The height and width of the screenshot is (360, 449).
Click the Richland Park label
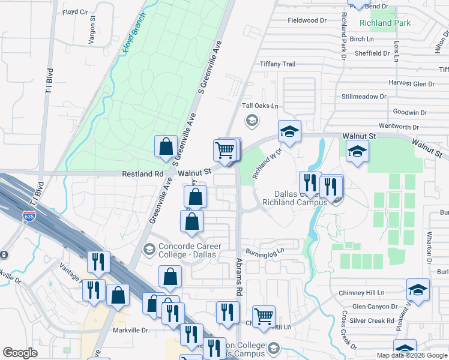pos(384,23)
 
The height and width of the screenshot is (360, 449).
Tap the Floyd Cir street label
pos(75,11)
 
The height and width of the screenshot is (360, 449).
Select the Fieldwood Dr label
pos(307,20)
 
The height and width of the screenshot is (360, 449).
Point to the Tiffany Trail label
pos(277,64)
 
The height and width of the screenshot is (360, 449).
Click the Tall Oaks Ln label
pos(260,106)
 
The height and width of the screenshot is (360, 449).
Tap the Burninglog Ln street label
pos(263,251)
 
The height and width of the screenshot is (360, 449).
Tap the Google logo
pos(20,353)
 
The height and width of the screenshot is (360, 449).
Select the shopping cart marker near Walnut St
pos(224,150)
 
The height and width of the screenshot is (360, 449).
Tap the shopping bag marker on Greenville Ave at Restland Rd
pos(166,146)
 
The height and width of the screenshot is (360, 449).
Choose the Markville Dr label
pos(130,330)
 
